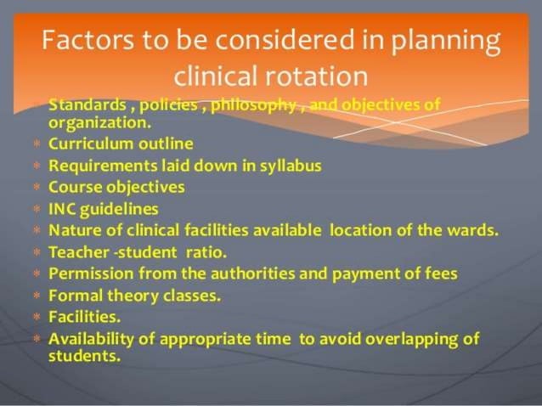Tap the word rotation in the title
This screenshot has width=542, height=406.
(x=319, y=76)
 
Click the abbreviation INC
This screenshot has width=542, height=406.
(x=62, y=208)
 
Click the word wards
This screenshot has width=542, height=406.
(x=477, y=230)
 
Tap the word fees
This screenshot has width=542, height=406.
(x=441, y=273)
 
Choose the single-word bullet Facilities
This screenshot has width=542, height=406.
(x=84, y=317)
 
